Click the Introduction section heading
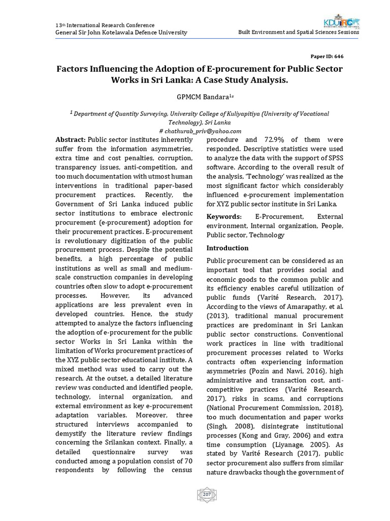coord(227,248)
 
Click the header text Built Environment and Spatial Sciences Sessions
coord(299,32)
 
